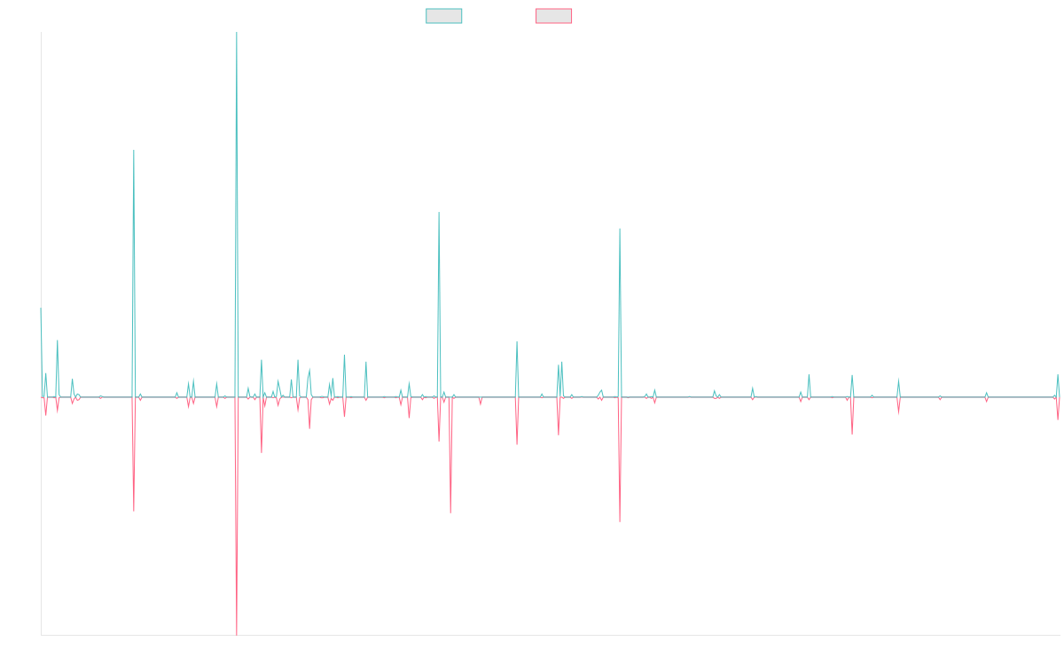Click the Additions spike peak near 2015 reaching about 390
134,151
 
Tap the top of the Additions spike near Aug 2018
439,213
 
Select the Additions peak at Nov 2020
620,229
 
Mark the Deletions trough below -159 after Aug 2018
450,512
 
